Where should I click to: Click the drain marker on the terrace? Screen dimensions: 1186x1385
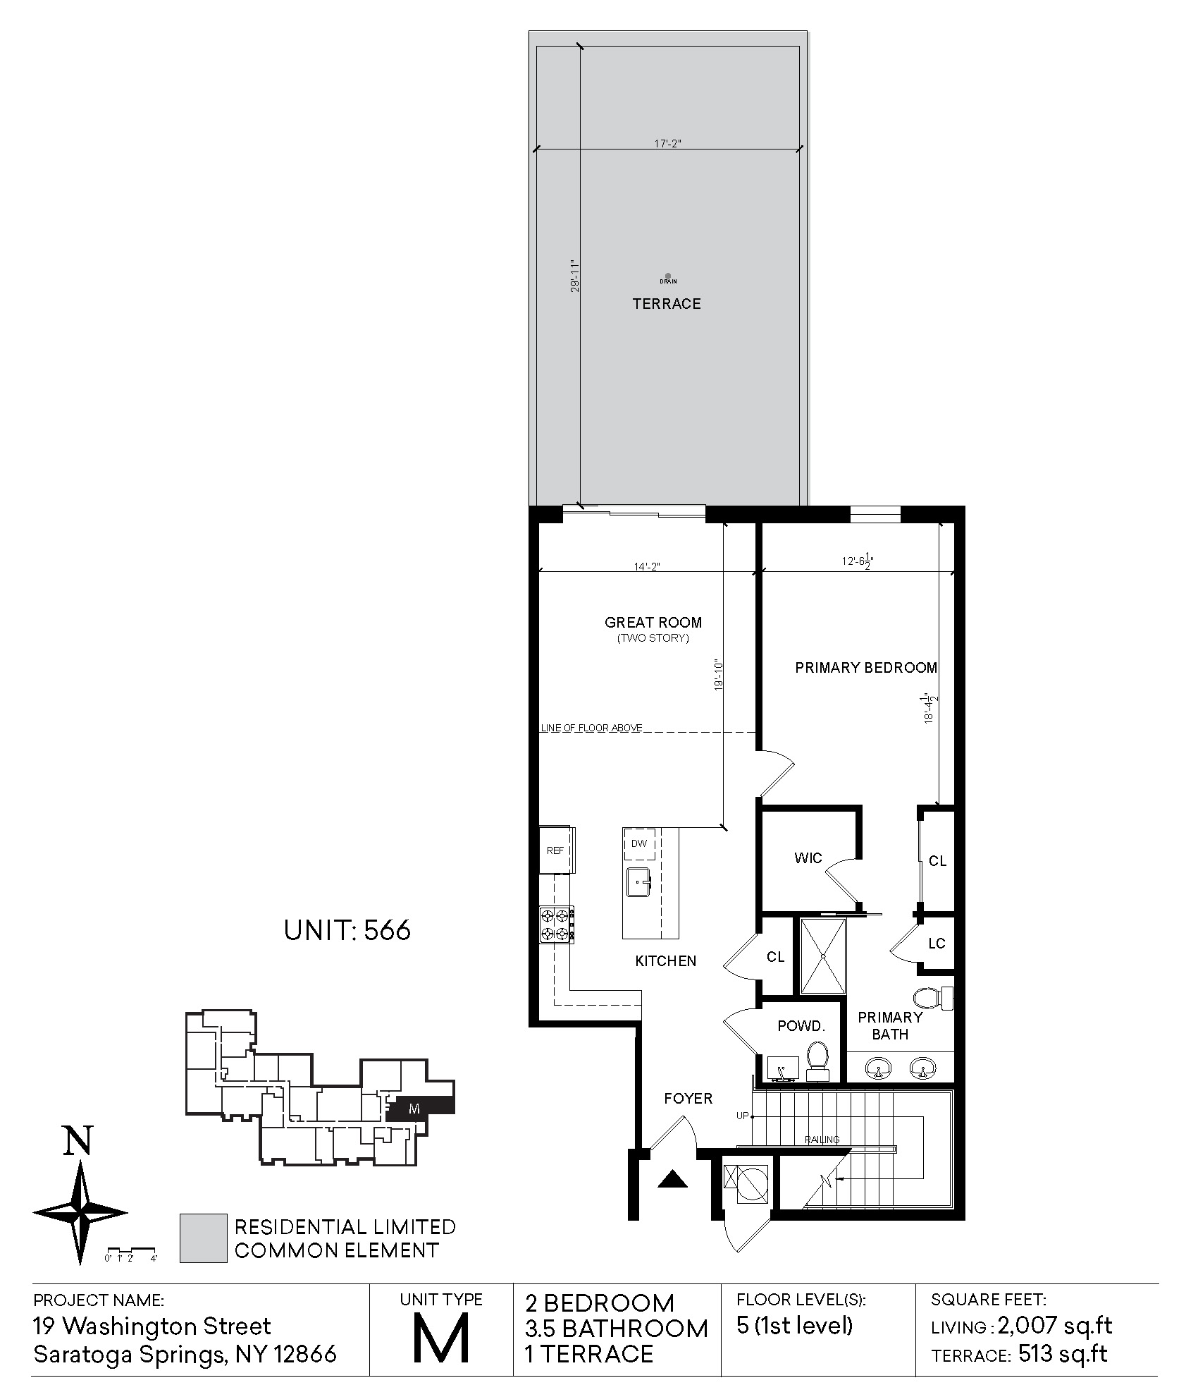(x=668, y=276)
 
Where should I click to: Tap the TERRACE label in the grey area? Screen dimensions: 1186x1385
(x=667, y=304)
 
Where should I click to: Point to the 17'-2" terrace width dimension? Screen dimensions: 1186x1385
(x=667, y=144)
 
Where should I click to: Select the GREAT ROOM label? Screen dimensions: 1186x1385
(x=653, y=622)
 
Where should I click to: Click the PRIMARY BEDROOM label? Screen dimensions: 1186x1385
(x=866, y=667)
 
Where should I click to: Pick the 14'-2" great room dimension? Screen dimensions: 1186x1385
(x=646, y=566)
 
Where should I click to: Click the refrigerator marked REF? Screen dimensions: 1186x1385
(x=557, y=850)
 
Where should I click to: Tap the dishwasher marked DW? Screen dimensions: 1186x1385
(x=640, y=843)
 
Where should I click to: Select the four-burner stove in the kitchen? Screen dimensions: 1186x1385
(x=557, y=925)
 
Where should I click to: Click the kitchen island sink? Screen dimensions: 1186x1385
(x=639, y=882)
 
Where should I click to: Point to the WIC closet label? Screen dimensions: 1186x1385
(x=808, y=858)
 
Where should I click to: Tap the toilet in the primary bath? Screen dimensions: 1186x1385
(x=933, y=999)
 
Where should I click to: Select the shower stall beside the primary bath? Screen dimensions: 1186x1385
(x=822, y=956)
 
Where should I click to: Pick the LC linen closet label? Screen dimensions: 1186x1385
(x=937, y=944)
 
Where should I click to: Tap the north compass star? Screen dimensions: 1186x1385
(x=80, y=1213)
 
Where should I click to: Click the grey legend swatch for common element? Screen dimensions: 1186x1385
(x=203, y=1238)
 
